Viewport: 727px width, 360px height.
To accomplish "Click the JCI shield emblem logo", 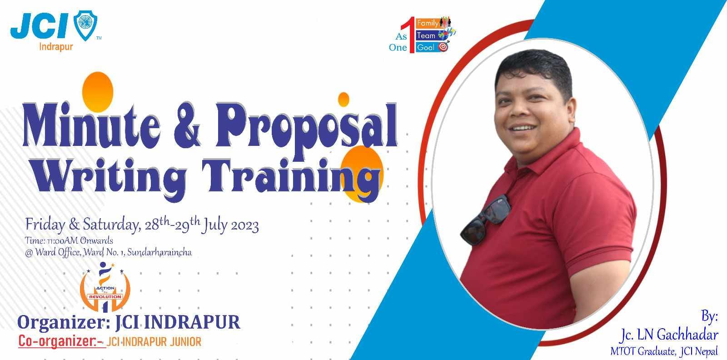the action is click(x=85, y=25).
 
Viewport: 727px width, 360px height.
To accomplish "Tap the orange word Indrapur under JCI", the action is click(x=56, y=47).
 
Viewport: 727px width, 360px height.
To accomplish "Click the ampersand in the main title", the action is click(x=187, y=126).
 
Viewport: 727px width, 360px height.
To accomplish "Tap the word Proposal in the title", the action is click(x=307, y=130).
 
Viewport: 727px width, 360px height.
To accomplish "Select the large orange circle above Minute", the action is click(x=98, y=91).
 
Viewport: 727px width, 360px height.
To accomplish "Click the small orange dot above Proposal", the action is click(x=344, y=100).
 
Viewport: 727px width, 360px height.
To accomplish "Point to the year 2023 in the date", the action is click(x=245, y=226).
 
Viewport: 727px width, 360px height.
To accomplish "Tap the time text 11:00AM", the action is click(x=62, y=241).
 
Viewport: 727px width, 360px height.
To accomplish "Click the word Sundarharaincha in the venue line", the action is click(x=159, y=253).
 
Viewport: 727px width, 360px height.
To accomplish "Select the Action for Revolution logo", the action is click(x=105, y=287).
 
